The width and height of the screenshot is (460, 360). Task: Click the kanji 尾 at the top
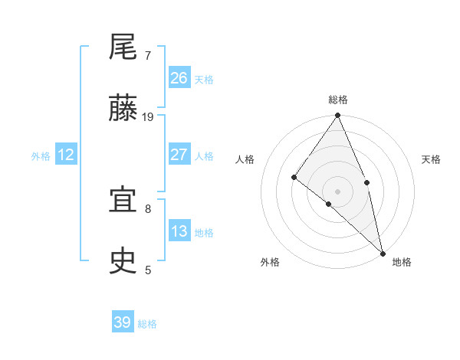point(123,48)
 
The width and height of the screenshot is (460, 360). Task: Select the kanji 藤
point(123,110)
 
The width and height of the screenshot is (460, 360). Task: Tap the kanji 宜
point(123,201)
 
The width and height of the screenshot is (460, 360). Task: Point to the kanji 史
point(123,262)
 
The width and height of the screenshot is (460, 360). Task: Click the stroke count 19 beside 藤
point(148,117)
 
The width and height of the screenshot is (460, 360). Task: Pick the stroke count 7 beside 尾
point(147,56)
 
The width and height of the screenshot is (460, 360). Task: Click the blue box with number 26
point(179,78)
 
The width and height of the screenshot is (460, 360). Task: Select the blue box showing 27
point(179,155)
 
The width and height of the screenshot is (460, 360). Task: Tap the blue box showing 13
point(179,231)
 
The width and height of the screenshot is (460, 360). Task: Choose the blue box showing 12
point(66,155)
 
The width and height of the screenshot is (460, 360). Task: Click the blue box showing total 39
point(122,322)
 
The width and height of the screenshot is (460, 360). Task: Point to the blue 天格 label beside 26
point(204,80)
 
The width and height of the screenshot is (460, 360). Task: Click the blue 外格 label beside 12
point(41,156)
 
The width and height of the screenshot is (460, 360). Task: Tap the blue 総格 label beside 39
point(147,324)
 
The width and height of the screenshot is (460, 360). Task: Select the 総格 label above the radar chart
point(338,100)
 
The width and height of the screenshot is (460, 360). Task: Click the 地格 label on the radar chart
point(402,262)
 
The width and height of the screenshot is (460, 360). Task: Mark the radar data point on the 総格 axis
point(338,116)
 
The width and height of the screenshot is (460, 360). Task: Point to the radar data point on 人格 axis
point(294,177)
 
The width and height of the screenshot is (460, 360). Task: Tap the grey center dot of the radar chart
point(338,191)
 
